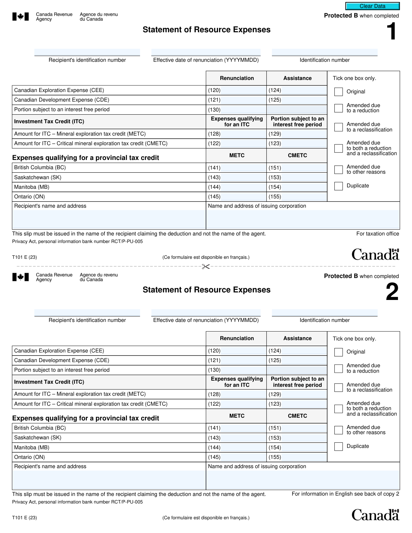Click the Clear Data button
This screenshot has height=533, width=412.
click(373, 6)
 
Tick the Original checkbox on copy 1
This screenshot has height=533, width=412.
click(339, 92)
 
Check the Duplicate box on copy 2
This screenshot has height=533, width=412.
click(339, 446)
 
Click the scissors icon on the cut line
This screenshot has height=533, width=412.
click(206, 266)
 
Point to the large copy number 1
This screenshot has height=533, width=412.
click(391, 32)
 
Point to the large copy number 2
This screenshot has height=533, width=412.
click(392, 292)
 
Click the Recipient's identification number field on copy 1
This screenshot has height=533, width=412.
click(87, 53)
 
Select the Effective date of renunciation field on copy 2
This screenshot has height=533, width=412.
click(206, 313)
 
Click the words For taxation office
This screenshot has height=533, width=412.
click(377, 234)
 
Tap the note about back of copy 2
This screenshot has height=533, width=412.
click(345, 494)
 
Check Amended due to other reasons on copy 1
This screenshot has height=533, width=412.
click(339, 170)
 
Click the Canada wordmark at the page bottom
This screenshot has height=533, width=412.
click(375, 515)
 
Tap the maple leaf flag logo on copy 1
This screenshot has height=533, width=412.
click(20, 16)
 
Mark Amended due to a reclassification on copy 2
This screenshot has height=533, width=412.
click(339, 387)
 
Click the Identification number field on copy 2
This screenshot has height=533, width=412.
click(324, 313)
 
